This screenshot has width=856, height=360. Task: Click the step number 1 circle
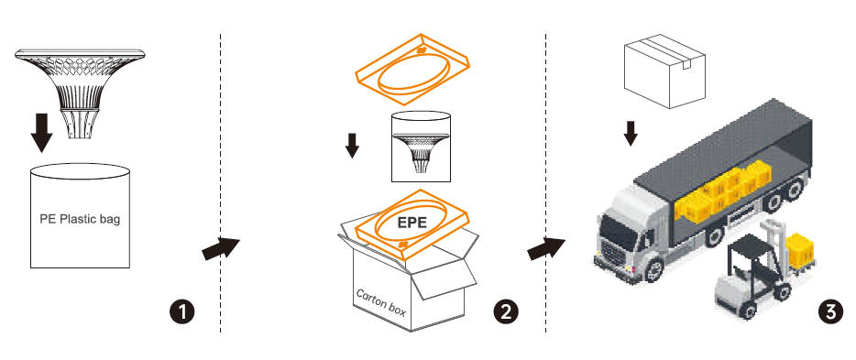coord(181,312)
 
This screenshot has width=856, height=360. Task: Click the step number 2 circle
coord(506,312)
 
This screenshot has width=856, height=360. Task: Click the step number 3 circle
coord(830,312)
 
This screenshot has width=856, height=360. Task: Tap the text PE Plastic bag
coord(80,220)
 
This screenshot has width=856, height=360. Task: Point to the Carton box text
coord(381,301)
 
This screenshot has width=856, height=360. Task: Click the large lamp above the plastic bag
coord(81,93)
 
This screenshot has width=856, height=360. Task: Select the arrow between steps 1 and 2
coord(221,247)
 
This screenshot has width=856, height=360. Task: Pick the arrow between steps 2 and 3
coord(546,247)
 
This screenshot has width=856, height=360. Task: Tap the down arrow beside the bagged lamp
coord(352,145)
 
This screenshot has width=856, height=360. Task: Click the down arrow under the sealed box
coord(631,133)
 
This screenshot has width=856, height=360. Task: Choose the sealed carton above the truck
coord(664,71)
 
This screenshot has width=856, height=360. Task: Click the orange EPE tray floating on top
coord(412,69)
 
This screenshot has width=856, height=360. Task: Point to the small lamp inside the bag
coord(421,153)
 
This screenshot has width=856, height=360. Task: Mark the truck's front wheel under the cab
coord(653,270)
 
